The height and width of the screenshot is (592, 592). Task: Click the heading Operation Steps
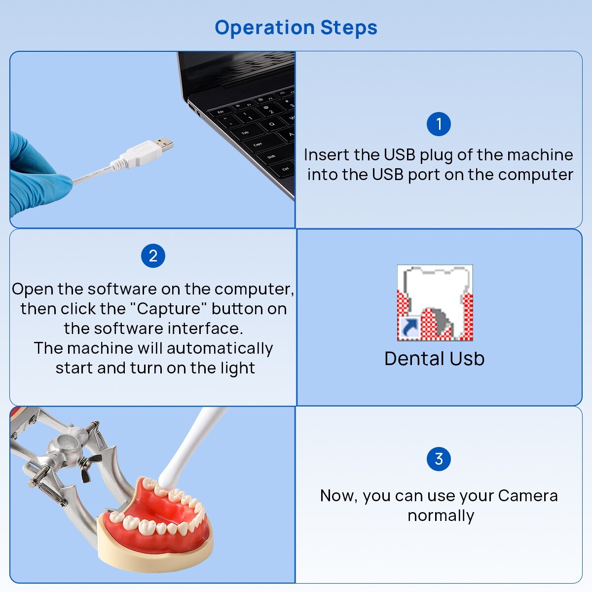tap(296, 28)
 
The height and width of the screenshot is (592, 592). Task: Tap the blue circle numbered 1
tap(439, 124)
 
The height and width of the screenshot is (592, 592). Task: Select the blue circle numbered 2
tap(153, 256)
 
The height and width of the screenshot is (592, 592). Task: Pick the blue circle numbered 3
tap(439, 459)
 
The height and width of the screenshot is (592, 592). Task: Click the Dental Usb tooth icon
tap(435, 302)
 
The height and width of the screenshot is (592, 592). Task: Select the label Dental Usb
tap(434, 359)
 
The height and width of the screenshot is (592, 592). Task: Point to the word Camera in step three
tap(527, 495)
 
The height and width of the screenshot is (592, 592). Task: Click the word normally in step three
tap(441, 516)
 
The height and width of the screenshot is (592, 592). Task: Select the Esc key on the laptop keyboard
tap(221, 112)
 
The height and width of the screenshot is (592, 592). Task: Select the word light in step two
tap(238, 368)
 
